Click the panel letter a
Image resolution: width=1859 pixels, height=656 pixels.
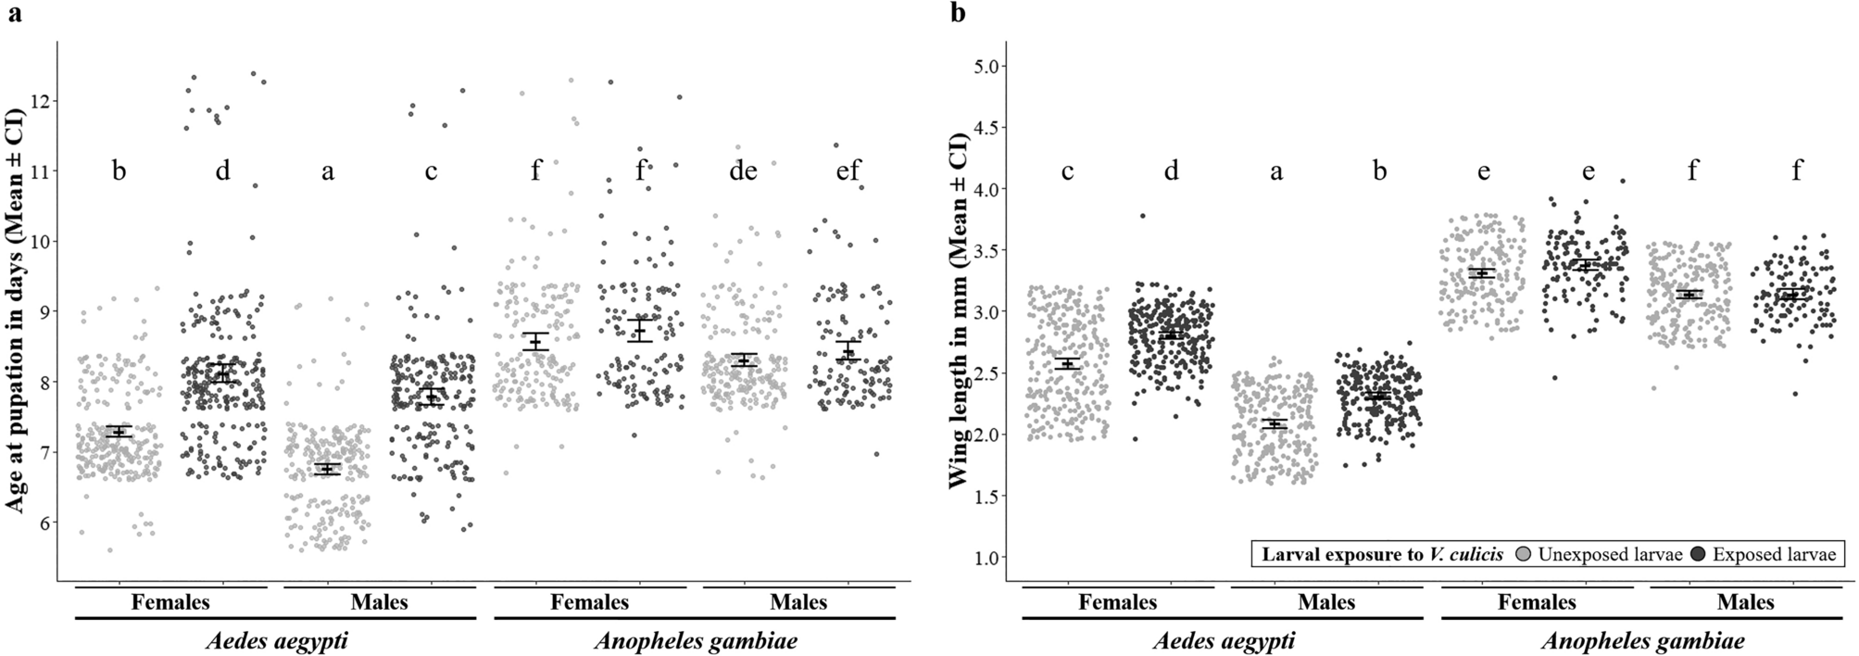click(x=14, y=13)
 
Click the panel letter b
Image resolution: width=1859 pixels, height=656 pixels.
click(x=959, y=13)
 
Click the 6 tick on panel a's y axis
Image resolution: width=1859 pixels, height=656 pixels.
click(x=43, y=522)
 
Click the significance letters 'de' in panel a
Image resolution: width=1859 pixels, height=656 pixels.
click(x=744, y=171)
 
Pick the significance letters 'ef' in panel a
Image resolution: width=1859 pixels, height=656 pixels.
click(x=848, y=171)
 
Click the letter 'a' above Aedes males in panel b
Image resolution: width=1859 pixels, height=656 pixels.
click(x=1275, y=171)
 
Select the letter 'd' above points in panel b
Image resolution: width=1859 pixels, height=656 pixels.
click(x=1171, y=171)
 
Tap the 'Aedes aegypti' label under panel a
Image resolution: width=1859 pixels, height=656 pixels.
click(x=275, y=640)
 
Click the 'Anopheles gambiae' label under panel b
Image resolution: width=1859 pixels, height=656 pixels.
click(x=1641, y=640)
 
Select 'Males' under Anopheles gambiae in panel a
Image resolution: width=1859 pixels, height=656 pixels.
click(x=798, y=602)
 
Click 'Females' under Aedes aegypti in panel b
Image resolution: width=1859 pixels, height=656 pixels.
click(x=1117, y=602)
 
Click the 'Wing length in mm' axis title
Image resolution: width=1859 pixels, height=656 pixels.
click(x=961, y=310)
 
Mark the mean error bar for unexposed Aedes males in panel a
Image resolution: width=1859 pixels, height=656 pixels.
click(x=327, y=469)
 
